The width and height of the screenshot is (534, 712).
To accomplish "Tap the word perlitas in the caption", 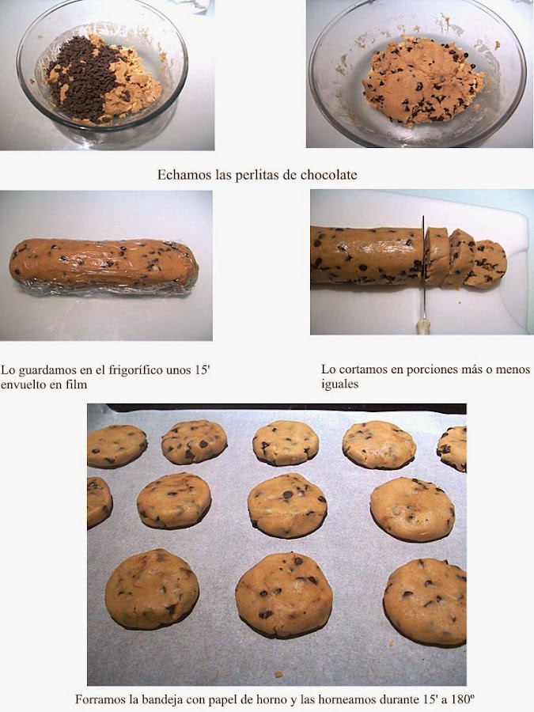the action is coord(257,176).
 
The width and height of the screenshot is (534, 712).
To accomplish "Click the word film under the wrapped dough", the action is coord(78,384).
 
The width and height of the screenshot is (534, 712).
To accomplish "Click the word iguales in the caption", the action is coord(339,384).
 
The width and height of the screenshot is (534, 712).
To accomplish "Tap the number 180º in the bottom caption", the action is coord(464,699).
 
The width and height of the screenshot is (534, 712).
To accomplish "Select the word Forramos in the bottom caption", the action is coord(98,699).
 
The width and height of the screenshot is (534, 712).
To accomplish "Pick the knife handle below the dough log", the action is coord(423,326).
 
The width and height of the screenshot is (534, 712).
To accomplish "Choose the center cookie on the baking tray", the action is coord(287,505).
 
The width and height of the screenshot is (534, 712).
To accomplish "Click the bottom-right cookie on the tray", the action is coord(425,602).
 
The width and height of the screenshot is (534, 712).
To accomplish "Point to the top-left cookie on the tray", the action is coord(117,447).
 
